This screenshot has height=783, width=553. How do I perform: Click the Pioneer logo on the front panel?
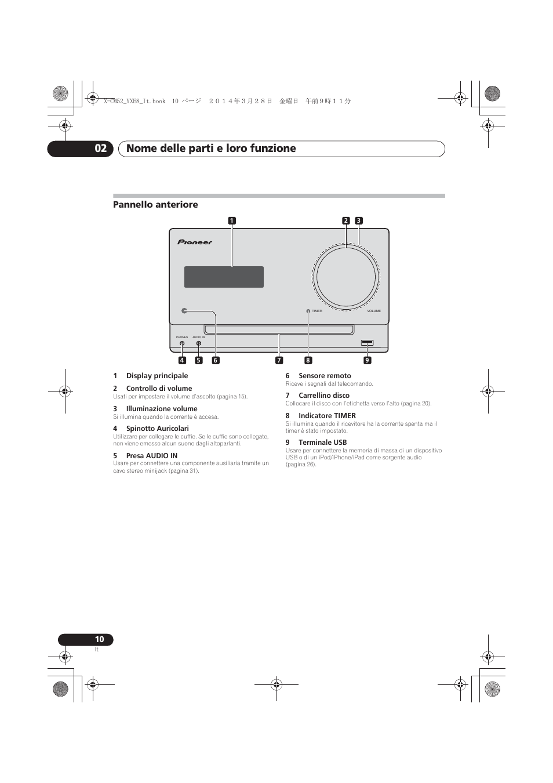pyautogui.click(x=195, y=242)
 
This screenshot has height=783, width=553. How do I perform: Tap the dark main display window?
pyautogui.click(x=224, y=277)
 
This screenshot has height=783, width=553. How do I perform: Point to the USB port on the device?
pyautogui.click(x=367, y=343)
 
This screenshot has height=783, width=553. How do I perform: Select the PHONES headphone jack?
pyautogui.click(x=182, y=343)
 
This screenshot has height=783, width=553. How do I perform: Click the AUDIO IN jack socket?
pyautogui.click(x=199, y=343)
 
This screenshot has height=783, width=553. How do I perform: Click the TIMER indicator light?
pyautogui.click(x=308, y=311)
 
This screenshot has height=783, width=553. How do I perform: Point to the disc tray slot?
pyautogui.click(x=278, y=330)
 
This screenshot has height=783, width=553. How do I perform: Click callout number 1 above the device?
pyautogui.click(x=232, y=220)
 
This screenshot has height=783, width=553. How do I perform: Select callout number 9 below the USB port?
pyautogui.click(x=367, y=360)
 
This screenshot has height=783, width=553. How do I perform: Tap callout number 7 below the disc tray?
pyautogui.click(x=279, y=360)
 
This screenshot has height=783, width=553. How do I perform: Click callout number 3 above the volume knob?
pyautogui.click(x=359, y=220)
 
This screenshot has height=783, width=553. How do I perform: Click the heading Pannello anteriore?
pyautogui.click(x=155, y=205)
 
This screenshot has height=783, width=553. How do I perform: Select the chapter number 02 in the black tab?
pyautogui.click(x=101, y=148)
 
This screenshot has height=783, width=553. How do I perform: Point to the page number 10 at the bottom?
pyautogui.click(x=99, y=640)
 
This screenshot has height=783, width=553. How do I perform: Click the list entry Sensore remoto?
pyautogui.click(x=325, y=376)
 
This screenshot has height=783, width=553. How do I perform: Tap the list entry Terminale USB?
pyautogui.click(x=322, y=443)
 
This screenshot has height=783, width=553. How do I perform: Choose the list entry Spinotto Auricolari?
pyautogui.click(x=157, y=429)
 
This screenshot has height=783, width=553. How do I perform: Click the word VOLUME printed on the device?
pyautogui.click(x=374, y=311)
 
